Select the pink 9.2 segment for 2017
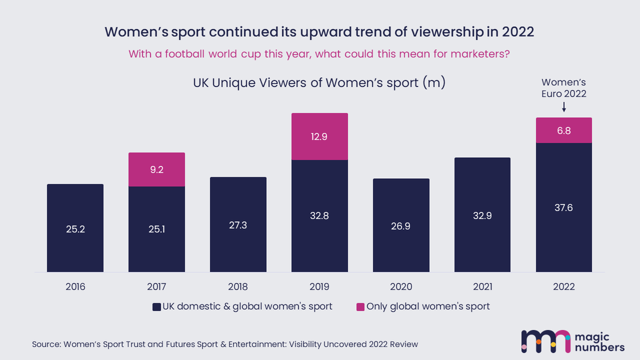pos(157,170)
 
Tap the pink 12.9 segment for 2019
pos(319,137)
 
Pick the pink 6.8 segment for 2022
pos(564,130)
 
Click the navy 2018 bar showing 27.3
pos(238,225)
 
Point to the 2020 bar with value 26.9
pos(401,226)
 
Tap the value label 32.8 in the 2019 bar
pos(319,215)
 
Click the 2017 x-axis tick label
pos(157,287)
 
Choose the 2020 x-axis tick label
pos(401,287)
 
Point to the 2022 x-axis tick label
pos(564,287)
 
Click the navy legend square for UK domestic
pos(156,307)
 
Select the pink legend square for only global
pos(360,307)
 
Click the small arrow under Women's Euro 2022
pos(564,108)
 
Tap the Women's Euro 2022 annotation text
pos(564,88)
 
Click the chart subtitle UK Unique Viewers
pos(318,83)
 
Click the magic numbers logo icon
pos(545,341)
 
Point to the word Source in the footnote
pos(46,345)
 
